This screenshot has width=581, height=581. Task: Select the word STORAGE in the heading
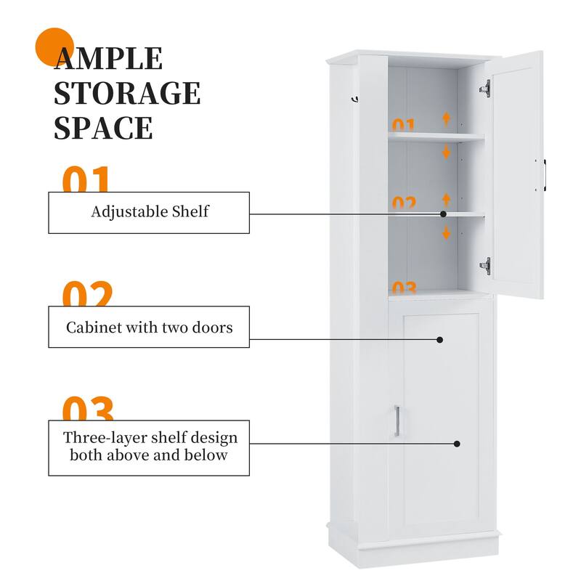pos(127,94)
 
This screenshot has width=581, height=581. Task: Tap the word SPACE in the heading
pos(103,127)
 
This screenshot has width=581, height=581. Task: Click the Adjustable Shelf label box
pos(149,212)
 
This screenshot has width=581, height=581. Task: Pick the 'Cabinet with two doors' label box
pos(149,327)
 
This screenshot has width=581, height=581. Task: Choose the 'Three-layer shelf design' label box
pos(149,447)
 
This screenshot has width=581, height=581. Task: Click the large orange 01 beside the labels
pos(86,179)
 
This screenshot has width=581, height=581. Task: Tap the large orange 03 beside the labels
pos(87,408)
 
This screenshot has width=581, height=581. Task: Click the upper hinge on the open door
pos(485,88)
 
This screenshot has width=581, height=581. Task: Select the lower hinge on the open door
pos(485,266)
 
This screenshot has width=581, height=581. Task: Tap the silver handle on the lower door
pos(397,421)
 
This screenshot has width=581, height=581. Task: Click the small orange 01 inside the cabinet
pos(403,125)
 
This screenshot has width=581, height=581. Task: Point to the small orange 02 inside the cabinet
pos(404,203)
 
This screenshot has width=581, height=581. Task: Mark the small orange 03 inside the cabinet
pos(404,288)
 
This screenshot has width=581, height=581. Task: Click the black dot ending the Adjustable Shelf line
pos(443,214)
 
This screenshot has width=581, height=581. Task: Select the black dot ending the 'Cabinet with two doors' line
pos(440,339)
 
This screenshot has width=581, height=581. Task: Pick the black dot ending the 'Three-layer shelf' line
pos(457,443)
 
